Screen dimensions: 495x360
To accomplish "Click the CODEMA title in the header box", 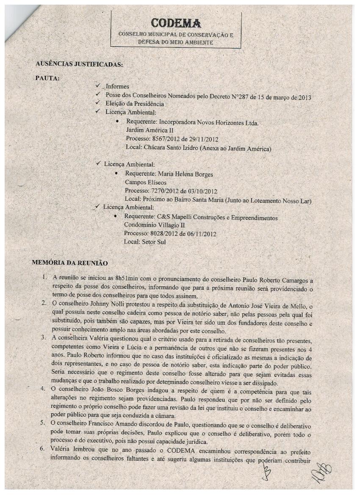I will click(175, 22).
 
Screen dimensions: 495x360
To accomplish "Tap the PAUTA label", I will click(48, 78).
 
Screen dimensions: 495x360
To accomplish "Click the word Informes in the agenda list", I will click(117, 86).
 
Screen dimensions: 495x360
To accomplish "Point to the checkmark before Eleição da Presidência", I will click(98, 103).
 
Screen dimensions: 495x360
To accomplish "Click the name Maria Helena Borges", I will click(185, 174).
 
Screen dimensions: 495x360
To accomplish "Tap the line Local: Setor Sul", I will click(144, 242).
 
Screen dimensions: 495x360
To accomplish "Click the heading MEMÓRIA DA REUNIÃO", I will click(70, 263).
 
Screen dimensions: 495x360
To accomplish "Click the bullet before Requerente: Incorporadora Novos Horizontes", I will click(116, 122).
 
